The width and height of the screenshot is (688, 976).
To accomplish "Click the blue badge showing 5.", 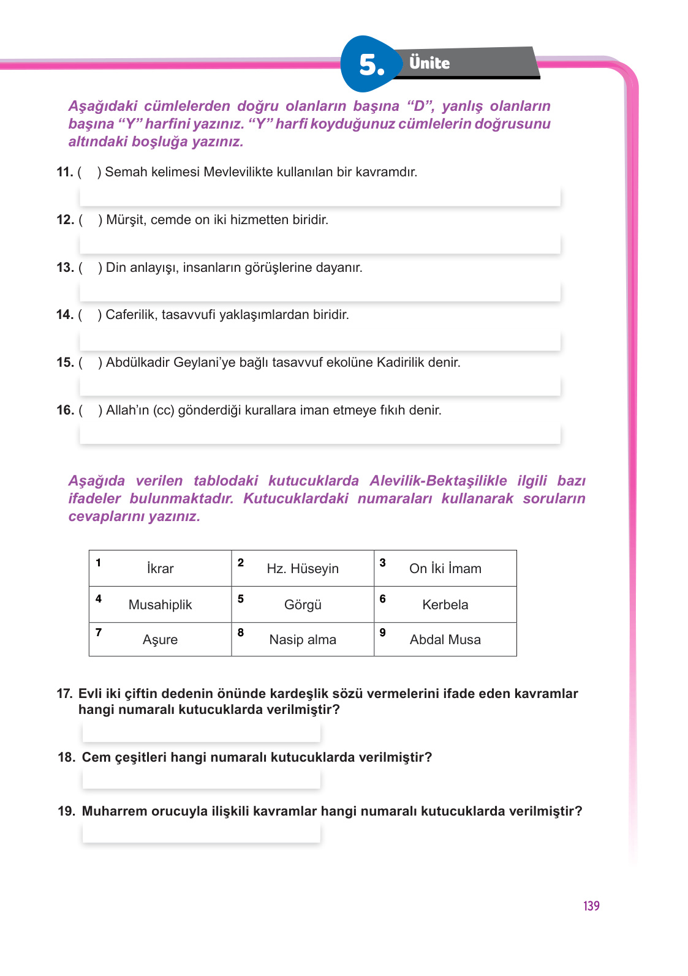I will point(370,64).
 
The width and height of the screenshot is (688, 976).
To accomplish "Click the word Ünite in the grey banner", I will point(429,63).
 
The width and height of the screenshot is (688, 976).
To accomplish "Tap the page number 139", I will point(591,906).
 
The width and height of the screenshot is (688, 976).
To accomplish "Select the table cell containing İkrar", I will point(161,569).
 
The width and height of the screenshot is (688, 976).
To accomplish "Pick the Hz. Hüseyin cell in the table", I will point(303,569).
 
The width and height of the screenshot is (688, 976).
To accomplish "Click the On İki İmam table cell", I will point(445,569).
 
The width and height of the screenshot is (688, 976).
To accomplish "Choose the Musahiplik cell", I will point(161,605).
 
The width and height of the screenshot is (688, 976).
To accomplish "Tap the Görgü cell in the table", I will point(303,605).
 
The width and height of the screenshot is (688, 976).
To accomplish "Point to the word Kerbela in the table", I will point(445,605).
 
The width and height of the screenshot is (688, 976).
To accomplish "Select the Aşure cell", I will point(161,640).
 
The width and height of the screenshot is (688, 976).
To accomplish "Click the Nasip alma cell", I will point(303,640).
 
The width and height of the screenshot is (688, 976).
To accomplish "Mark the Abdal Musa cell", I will point(445,640).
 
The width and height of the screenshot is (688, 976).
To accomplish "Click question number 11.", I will point(64,172).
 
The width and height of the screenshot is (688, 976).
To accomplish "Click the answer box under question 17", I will point(201,732).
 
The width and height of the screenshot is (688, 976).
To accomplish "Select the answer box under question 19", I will point(201,833).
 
